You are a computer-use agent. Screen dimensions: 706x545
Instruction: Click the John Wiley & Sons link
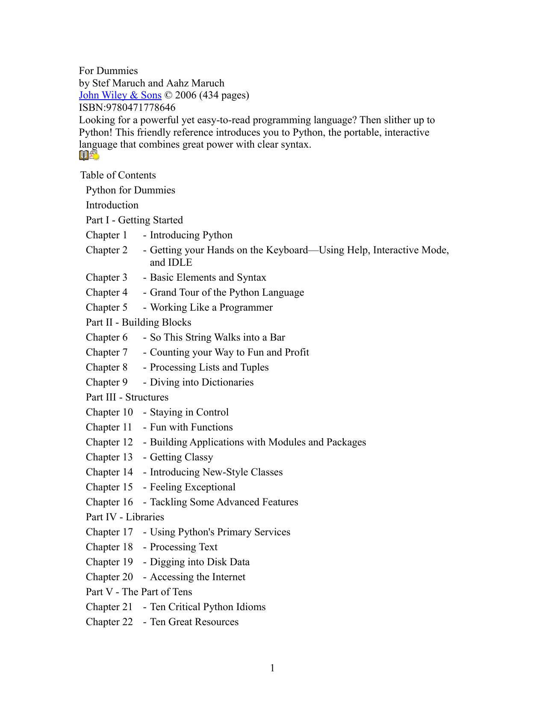pos(120,95)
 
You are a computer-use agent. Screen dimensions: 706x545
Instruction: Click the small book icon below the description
pos(84,156)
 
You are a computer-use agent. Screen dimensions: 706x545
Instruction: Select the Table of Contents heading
pos(118,175)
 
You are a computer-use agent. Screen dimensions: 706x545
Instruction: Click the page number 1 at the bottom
pos(272,668)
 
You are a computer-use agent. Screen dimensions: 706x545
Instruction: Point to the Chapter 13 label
pos(109,457)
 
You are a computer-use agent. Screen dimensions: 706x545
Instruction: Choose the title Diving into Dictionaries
pos(202,382)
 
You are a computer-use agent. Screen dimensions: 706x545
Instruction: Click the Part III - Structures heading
pos(127,397)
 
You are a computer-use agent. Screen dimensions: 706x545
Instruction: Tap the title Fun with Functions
pos(191,427)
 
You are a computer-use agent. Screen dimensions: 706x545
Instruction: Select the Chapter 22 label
pos(109,622)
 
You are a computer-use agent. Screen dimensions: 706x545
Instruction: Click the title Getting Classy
pos(181,457)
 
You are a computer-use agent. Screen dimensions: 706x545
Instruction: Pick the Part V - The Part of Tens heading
pos(139,592)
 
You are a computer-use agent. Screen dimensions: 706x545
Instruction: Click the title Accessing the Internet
pos(197,577)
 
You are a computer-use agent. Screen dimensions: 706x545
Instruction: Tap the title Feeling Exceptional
pos(192,487)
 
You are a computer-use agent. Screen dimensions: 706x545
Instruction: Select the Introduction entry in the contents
pos(112,205)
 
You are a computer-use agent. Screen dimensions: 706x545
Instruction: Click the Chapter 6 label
pos(106,337)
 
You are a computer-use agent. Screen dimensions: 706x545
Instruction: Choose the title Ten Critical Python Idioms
pos(208,607)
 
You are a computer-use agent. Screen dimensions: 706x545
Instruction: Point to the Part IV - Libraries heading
pos(125,517)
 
